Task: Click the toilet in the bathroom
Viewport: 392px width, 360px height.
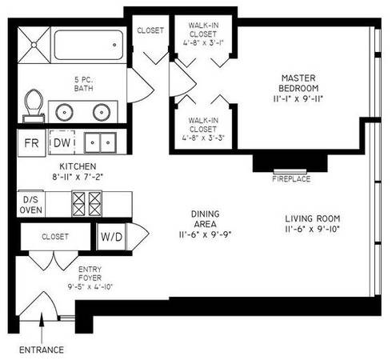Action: pyautogui.click(x=34, y=106)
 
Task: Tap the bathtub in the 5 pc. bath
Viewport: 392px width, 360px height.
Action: pyautogui.click(x=89, y=45)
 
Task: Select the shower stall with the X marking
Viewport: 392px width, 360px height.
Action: pyautogui.click(x=34, y=45)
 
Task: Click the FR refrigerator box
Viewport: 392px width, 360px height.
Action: pyautogui.click(x=31, y=143)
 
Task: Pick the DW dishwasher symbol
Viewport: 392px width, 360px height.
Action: pyautogui.click(x=62, y=142)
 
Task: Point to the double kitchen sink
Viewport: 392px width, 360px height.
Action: pyautogui.click(x=100, y=142)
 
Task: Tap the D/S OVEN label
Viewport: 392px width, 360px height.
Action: pyautogui.click(x=31, y=205)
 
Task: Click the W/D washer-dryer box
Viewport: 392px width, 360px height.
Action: pyautogui.click(x=111, y=237)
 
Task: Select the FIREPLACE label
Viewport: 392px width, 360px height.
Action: pyautogui.click(x=291, y=179)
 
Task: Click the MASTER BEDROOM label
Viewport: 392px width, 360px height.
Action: pyautogui.click(x=298, y=83)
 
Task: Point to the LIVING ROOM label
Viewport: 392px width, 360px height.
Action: pyautogui.click(x=313, y=218)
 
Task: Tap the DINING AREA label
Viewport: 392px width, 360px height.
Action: pyautogui.click(x=206, y=218)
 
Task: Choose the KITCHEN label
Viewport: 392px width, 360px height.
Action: pyautogui.click(x=78, y=166)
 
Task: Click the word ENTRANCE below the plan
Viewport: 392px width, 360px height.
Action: pyautogui.click(x=42, y=350)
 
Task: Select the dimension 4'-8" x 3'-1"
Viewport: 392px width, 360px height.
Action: pyautogui.click(x=203, y=42)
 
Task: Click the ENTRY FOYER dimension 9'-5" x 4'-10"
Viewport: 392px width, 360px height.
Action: pyautogui.click(x=90, y=286)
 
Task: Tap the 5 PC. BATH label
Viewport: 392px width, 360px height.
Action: pyautogui.click(x=84, y=84)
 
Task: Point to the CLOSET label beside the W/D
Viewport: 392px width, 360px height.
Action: pyautogui.click(x=55, y=237)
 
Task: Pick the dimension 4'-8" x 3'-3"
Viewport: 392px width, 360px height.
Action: pyautogui.click(x=203, y=138)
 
